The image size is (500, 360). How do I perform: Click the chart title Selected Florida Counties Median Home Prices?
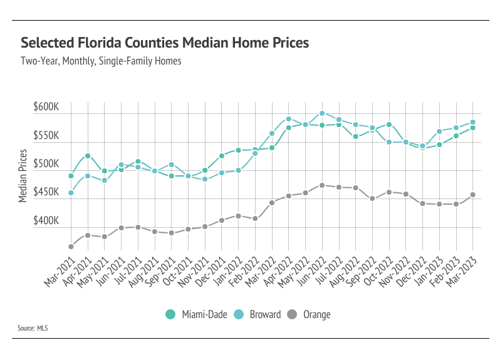coord(165,43)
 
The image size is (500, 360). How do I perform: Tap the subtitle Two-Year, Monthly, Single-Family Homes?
coord(100,61)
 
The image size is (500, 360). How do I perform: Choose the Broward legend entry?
coord(259,314)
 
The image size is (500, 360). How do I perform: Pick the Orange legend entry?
coord(310,314)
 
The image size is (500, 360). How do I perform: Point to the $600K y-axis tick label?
coord(46,107)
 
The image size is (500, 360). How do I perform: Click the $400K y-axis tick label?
coord(46,221)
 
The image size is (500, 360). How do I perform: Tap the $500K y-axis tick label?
coord(46,164)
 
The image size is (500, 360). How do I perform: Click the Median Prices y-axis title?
coord(23,176)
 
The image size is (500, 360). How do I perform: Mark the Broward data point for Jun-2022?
coord(322,113)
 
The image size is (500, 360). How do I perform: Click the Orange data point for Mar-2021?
coord(71,247)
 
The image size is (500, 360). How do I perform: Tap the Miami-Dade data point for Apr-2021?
coord(88,156)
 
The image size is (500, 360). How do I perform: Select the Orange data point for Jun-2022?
coord(322,185)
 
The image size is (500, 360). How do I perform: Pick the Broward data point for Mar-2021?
coord(71,193)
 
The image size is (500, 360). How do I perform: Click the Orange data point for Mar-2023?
coord(472,195)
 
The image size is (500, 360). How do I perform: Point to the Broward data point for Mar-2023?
coord(472,122)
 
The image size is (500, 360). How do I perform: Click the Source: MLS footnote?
coord(35,327)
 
